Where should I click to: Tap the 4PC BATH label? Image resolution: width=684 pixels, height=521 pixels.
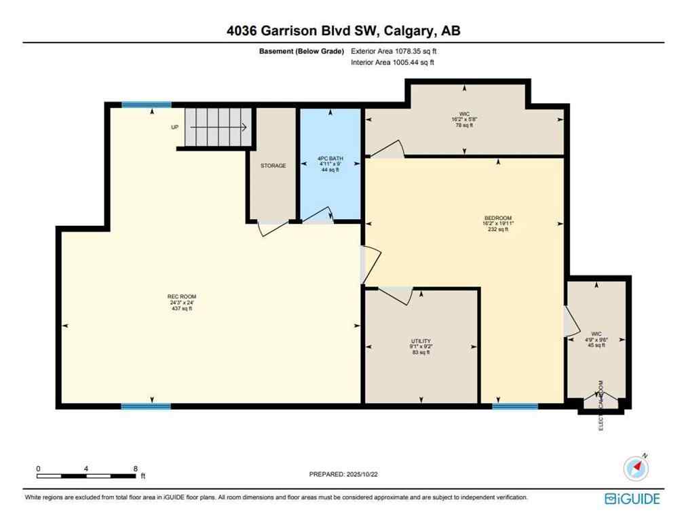coord(330,159)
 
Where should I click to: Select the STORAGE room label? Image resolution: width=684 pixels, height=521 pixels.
coord(273,166)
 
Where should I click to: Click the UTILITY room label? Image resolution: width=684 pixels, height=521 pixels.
coord(421,341)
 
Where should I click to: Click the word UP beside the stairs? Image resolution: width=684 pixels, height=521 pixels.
coord(175,127)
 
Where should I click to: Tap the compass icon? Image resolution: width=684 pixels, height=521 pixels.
coord(636,467)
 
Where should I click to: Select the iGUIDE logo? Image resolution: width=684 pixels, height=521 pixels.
coord(632,499)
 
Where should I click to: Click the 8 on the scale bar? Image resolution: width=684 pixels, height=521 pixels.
coord(136,469)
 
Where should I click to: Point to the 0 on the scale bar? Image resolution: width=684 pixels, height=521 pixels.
coord(39,469)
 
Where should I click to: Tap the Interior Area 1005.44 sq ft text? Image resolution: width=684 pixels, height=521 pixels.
coord(392,62)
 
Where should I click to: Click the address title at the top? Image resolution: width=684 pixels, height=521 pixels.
coord(342,31)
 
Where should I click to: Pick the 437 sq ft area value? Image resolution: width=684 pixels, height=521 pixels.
coord(182,309)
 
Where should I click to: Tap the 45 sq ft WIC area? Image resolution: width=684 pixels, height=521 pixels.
coord(596,345)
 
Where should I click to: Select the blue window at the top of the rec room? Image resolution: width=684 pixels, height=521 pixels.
coord(147,104)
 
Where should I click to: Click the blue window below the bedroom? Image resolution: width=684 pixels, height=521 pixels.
coord(515,406)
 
